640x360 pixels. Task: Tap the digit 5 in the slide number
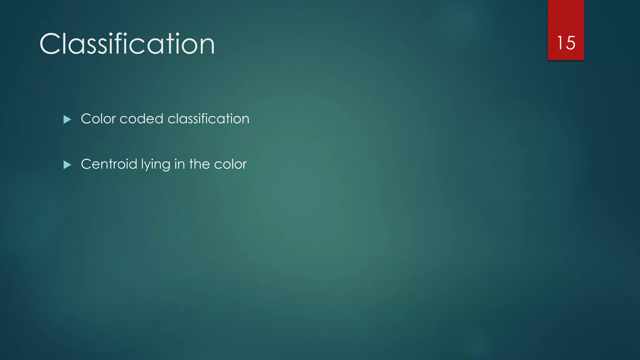coord(571,43)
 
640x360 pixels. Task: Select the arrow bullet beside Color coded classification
coord(67,119)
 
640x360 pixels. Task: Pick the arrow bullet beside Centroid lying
coord(67,165)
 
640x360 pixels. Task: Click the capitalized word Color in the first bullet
coord(98,119)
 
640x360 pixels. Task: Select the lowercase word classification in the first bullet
coord(208,119)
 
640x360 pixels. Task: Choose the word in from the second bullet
coord(179,164)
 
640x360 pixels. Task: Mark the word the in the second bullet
coord(199,164)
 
